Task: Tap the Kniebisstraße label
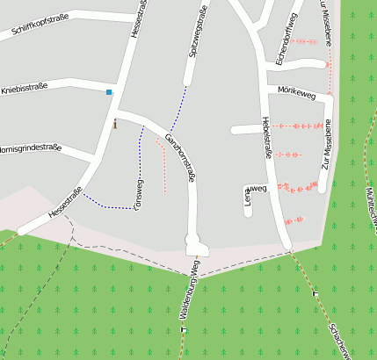24,89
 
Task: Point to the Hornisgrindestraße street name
30,148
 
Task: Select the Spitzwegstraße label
198,32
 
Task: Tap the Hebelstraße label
267,137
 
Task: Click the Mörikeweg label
296,90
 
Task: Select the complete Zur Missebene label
326,143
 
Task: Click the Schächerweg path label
339,338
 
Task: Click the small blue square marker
109,92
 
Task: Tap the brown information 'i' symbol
114,125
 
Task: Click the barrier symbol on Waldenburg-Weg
184,329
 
